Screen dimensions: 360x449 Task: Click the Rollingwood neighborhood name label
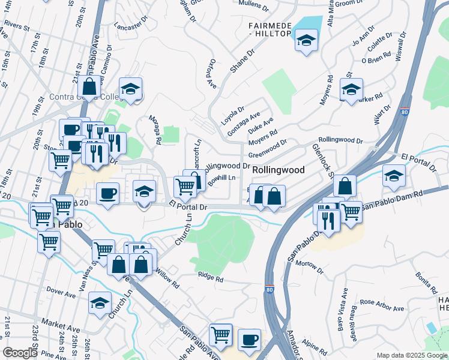tap(278, 170)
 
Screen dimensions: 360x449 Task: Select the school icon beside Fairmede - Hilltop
tap(307, 41)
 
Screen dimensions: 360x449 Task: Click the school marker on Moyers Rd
tap(351, 91)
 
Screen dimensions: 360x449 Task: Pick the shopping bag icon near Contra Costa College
tap(89, 86)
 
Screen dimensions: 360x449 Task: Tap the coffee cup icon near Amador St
tap(249, 340)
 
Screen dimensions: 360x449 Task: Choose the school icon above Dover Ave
tap(100, 304)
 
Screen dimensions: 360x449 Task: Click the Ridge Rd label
tap(211, 277)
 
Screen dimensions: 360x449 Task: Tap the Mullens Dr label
tap(255, 5)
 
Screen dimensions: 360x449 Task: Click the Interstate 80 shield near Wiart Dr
tap(405, 112)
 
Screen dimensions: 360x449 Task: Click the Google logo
tap(20, 353)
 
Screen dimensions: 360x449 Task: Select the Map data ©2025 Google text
tap(411, 355)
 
